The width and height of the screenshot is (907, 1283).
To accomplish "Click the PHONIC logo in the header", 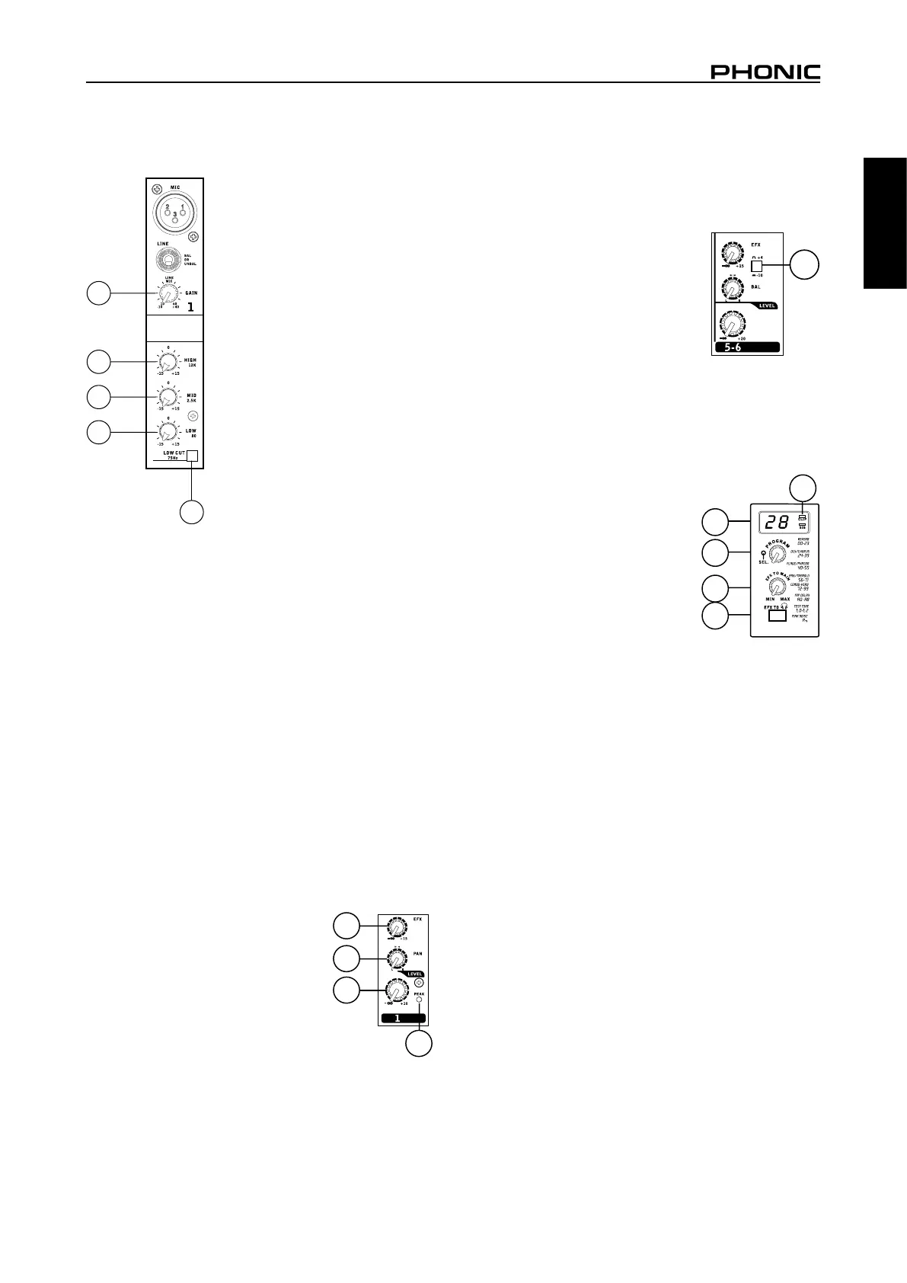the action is coord(765,72).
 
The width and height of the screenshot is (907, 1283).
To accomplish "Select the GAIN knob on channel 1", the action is coord(168,295).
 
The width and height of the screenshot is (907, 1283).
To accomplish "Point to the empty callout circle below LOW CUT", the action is coord(191,512).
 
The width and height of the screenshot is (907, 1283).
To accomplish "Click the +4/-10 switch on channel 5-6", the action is coord(756,267).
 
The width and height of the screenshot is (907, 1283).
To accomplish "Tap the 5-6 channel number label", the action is coord(746,347).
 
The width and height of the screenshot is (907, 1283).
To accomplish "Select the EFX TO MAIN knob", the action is coord(777,588).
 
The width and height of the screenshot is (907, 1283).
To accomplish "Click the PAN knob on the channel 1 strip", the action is coord(395,958).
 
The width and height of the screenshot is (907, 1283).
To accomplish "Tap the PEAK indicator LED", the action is coord(420,1000).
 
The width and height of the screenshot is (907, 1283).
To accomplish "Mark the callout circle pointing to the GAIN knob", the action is coord(97,293).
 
